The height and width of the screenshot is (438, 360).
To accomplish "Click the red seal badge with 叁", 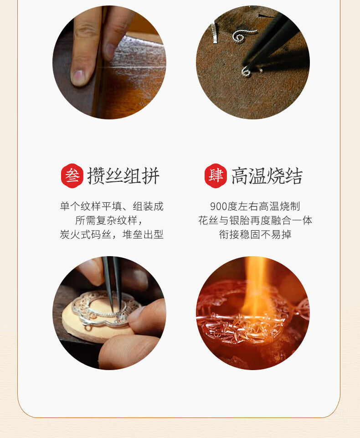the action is pyautogui.click(x=72, y=176).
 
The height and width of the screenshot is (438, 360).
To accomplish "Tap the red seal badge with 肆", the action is pyautogui.click(x=216, y=176).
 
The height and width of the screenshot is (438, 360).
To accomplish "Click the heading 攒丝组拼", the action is pyautogui.click(x=123, y=176).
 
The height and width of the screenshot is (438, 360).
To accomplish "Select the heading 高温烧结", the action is pyautogui.click(x=267, y=176).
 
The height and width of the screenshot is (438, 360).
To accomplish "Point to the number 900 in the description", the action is pyautogui.click(x=218, y=206).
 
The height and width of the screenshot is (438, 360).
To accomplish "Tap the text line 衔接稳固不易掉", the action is pyautogui.click(x=255, y=234).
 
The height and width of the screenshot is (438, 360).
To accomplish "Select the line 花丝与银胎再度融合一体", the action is pyautogui.click(x=255, y=221).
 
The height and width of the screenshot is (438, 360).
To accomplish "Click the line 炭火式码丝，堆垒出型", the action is pyautogui.click(x=112, y=234).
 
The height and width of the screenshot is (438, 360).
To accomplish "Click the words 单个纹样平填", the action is pyautogui.click(x=91, y=206).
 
